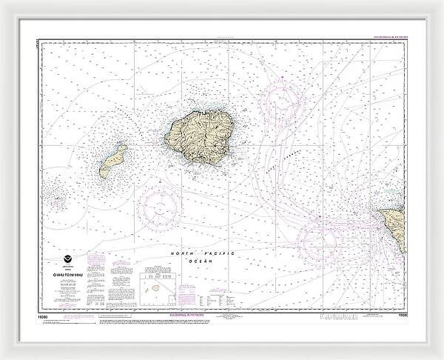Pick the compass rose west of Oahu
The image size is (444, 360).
coord(318,239)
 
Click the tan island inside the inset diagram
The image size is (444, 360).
coord(152,284)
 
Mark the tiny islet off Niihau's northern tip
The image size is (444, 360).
coord(123,147)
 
